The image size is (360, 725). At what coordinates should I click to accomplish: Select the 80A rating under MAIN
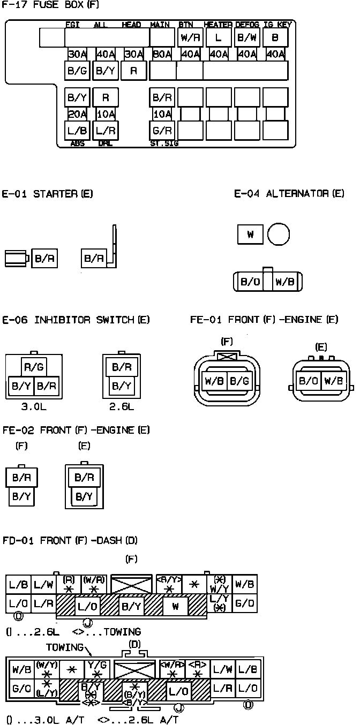[x=161, y=54]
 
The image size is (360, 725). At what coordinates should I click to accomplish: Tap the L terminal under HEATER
[x=218, y=38]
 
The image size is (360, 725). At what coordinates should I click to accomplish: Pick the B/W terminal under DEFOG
[x=246, y=38]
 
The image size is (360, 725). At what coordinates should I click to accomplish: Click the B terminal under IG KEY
[x=275, y=38]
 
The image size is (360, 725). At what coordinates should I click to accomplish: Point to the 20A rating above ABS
[x=77, y=114]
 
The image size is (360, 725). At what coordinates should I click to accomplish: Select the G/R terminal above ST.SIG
[x=162, y=130]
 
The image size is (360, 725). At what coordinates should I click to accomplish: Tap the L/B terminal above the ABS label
[x=77, y=130]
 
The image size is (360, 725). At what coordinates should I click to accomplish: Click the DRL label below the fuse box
[x=105, y=144]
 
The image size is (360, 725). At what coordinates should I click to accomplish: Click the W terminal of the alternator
[x=250, y=235]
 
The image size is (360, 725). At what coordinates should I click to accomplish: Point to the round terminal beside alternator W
[x=279, y=235]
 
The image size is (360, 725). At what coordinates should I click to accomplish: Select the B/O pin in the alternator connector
[x=250, y=282]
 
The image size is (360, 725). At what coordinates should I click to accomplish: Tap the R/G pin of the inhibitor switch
[x=34, y=367]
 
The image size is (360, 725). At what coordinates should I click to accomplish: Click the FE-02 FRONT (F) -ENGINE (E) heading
[x=76, y=430]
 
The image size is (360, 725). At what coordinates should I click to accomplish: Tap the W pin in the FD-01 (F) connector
[x=175, y=606]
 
